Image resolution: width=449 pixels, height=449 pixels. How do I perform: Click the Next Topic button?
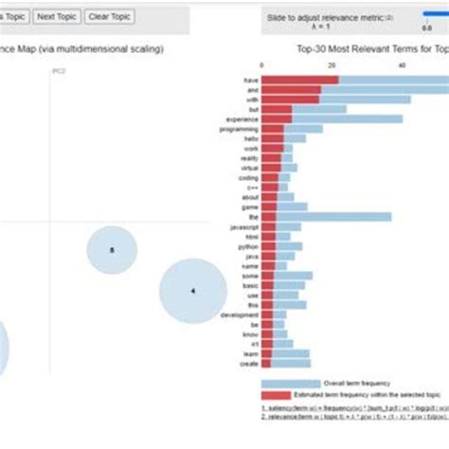(58, 17)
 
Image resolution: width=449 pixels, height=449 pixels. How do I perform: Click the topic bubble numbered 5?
(112, 250)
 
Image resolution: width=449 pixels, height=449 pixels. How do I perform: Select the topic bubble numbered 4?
(192, 292)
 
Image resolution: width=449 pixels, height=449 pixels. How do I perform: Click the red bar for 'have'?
(298, 81)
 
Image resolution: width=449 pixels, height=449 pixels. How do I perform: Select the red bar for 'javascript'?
(268, 227)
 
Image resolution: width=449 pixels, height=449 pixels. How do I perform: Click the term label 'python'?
(248, 246)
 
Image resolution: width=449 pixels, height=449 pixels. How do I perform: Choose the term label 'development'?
(241, 314)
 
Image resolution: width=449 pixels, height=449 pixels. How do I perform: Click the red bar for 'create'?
(265, 364)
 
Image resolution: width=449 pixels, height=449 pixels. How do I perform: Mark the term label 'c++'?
(252, 188)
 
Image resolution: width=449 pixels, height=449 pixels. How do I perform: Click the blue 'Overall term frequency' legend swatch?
(290, 384)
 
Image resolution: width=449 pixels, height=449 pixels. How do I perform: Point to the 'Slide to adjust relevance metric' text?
(322, 17)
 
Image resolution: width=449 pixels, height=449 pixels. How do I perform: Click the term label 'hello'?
(250, 139)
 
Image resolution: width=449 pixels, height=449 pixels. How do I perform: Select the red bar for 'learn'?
(267, 354)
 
